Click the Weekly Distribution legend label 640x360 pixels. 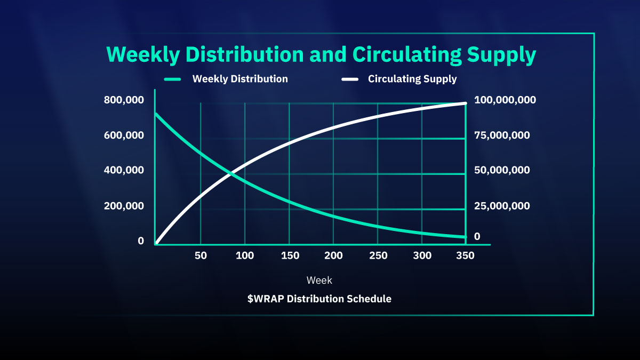(x=240, y=79)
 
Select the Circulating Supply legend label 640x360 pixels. (x=412, y=79)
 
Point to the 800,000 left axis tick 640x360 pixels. (x=124, y=100)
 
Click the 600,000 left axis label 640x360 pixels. (x=124, y=135)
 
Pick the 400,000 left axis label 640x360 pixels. (x=124, y=170)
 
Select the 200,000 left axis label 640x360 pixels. (x=124, y=205)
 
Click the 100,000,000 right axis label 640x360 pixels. (x=505, y=100)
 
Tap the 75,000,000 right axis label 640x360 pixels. (x=502, y=135)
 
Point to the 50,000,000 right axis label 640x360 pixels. (x=502, y=170)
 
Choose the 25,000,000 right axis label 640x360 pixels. (x=502, y=205)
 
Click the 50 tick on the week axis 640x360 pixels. (x=201, y=255)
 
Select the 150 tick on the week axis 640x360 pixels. (x=289, y=255)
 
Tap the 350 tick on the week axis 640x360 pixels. (x=466, y=255)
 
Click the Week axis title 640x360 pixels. (x=319, y=280)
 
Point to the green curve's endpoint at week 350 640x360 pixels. (x=465, y=237)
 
